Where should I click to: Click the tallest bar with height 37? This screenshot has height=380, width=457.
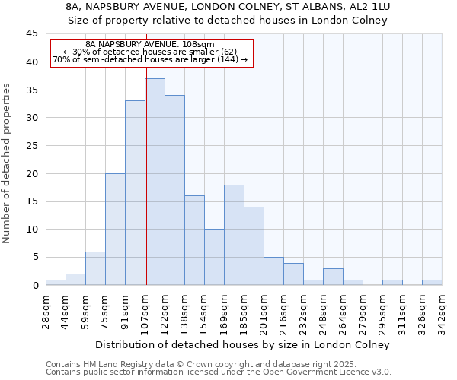[155, 182]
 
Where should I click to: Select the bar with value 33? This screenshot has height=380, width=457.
[135, 193]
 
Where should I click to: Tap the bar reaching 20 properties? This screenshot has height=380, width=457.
[115, 229]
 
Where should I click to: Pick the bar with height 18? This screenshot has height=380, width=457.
[234, 235]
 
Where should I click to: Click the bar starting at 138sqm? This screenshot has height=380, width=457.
[194, 240]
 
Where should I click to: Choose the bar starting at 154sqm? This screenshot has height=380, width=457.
[214, 257]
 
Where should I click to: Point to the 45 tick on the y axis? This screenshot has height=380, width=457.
[31, 34]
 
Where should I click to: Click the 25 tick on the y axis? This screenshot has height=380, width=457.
[31, 146]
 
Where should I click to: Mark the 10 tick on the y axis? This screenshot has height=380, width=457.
[31, 230]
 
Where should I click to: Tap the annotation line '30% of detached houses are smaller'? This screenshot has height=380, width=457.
[150, 52]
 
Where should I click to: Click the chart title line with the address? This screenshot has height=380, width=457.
[228, 7]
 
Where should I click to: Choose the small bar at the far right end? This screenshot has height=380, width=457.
[432, 282]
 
